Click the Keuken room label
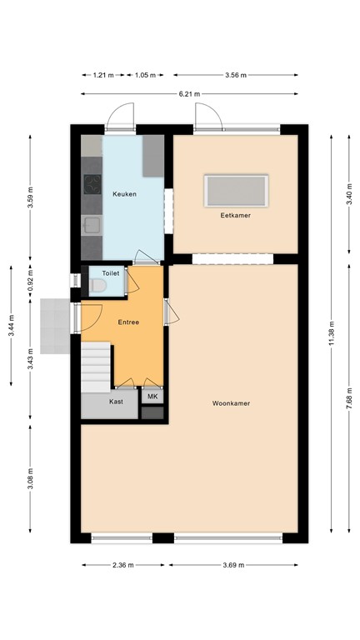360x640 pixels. point(124,193)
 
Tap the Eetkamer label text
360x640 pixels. point(236,215)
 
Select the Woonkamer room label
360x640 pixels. point(231,403)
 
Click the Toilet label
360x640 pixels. point(110,273)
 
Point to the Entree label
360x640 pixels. point(128,322)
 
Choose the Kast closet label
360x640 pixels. point(117,401)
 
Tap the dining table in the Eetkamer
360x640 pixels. point(237,191)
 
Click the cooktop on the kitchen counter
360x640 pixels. point(91,184)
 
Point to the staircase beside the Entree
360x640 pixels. point(96,367)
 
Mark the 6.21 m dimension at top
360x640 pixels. point(190,94)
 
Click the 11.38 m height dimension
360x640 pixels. point(332,333)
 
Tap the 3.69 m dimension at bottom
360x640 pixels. point(234,565)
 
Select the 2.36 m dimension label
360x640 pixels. point(122,565)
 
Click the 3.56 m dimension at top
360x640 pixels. point(236,75)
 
